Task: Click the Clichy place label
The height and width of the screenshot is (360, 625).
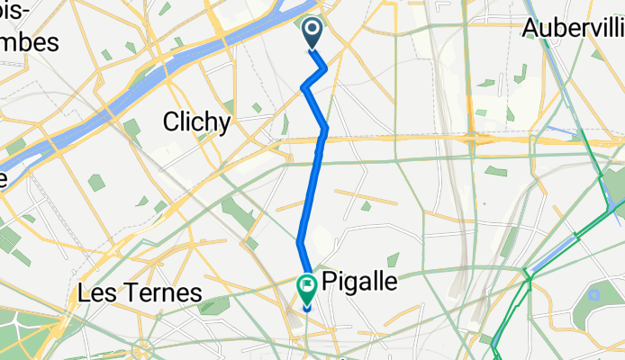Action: (196, 121)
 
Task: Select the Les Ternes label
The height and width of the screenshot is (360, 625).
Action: (140, 292)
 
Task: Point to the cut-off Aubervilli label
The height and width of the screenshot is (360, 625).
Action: (573, 28)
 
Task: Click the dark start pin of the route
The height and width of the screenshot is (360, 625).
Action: (312, 33)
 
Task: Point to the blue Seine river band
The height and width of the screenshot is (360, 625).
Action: (180, 72)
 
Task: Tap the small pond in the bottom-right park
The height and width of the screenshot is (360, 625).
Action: (593, 295)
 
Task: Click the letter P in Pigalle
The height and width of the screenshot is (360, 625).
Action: (330, 281)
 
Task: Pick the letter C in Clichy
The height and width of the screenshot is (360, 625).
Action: (171, 121)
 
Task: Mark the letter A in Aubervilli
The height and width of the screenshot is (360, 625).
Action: (530, 28)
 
